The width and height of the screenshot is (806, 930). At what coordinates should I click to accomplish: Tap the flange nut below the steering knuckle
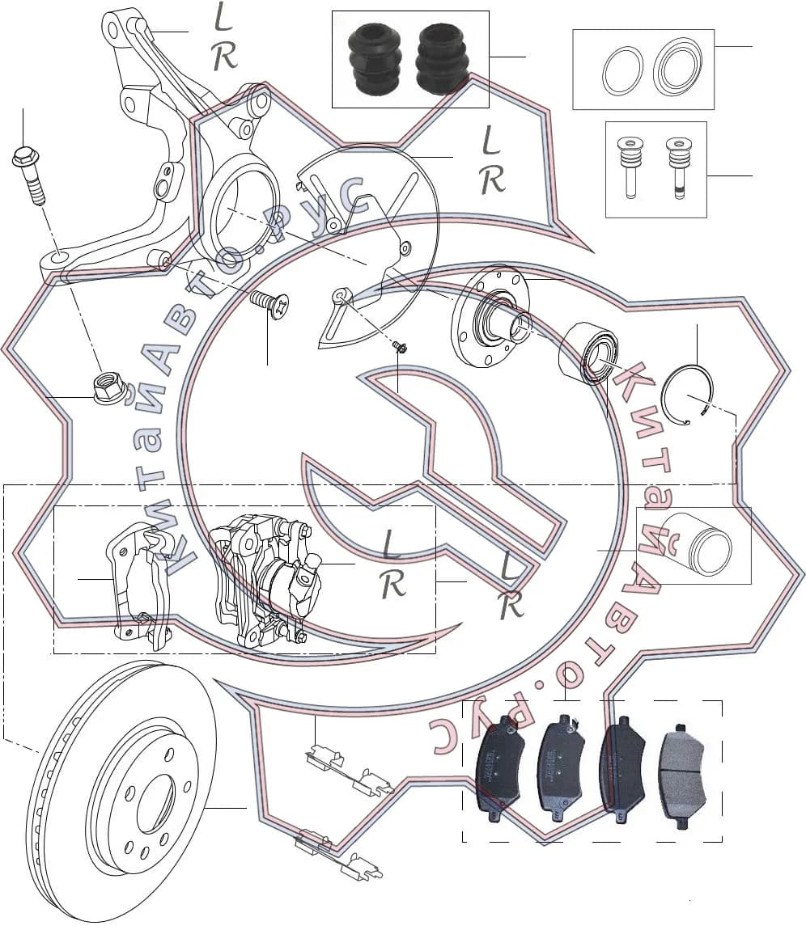tap(108, 388)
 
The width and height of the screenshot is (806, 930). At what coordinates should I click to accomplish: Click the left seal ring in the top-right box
tap(622, 70)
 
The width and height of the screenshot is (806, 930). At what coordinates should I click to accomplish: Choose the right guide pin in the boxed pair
tap(678, 168)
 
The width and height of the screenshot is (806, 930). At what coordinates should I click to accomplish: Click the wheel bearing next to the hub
tap(588, 353)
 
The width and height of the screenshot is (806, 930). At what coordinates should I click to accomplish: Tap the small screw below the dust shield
tap(401, 347)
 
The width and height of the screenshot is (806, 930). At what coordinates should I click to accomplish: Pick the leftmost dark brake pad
tap(502, 768)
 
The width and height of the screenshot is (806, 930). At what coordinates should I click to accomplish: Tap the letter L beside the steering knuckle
tap(223, 17)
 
